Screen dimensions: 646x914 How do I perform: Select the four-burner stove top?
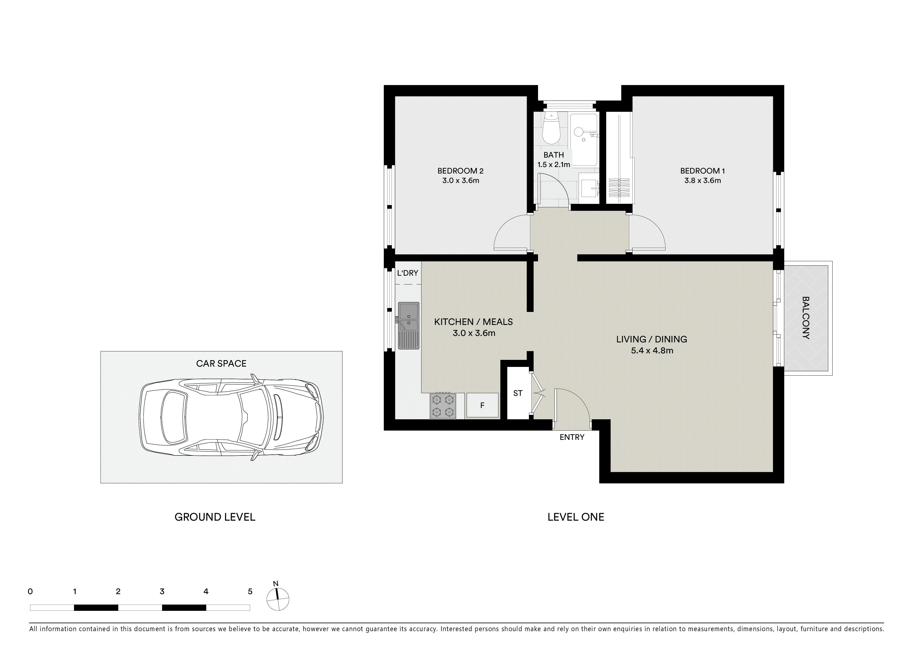tap(443, 405)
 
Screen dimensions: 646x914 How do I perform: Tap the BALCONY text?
tap(805, 318)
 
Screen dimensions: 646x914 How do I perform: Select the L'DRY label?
tap(408, 273)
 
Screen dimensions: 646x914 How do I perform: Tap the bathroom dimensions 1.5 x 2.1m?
tap(553, 164)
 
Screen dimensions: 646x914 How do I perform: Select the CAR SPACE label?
tap(221, 364)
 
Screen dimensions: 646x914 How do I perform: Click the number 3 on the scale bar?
tap(162, 592)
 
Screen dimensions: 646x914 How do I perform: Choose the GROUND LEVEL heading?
tap(215, 517)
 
